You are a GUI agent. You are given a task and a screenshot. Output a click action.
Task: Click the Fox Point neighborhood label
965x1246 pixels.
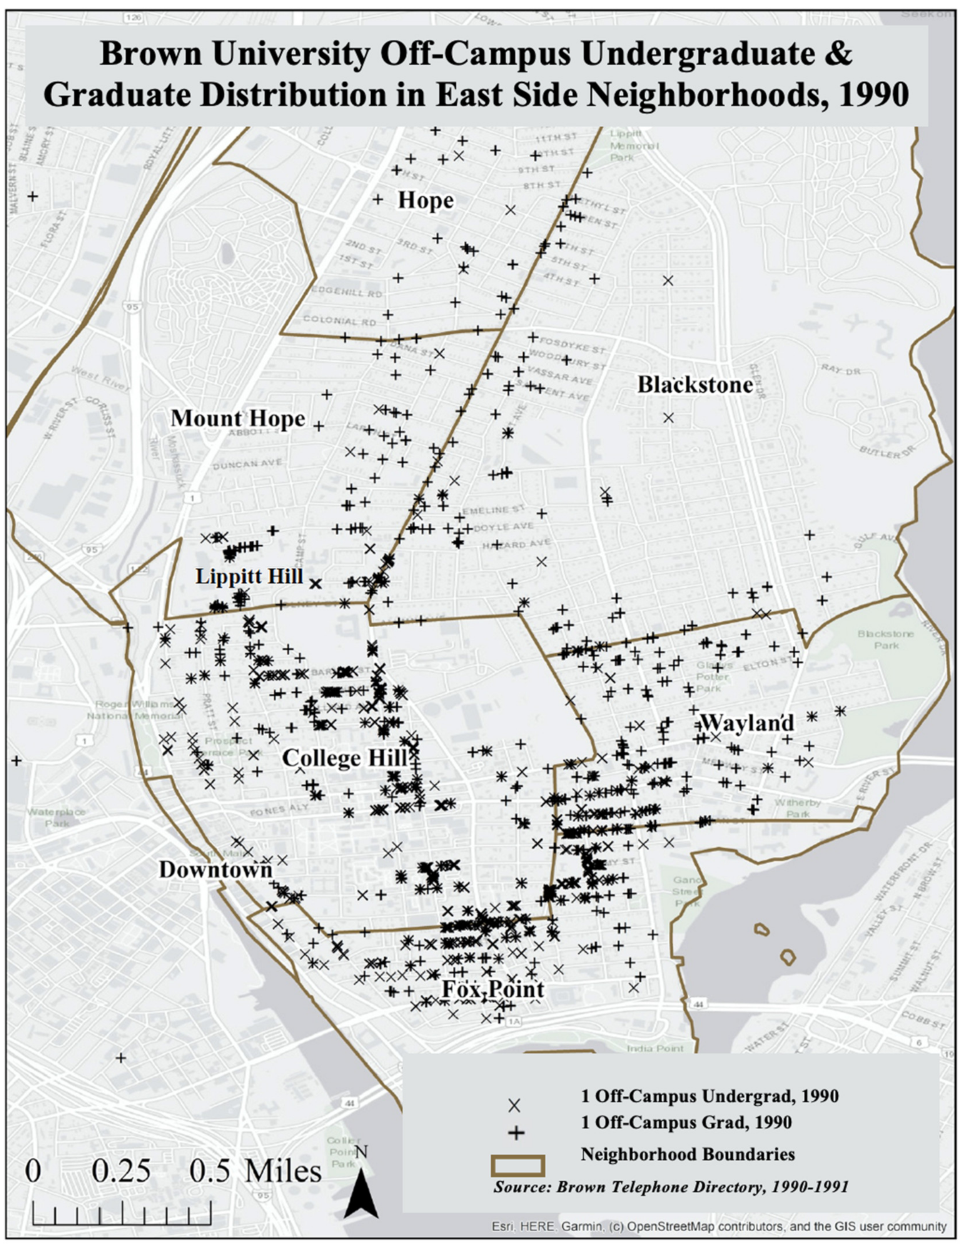493,989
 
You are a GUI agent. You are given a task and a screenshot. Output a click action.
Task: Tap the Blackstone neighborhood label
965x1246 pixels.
695,385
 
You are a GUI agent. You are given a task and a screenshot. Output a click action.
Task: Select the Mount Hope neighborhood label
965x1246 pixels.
238,418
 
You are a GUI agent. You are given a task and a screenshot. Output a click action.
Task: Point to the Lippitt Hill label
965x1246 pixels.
249,576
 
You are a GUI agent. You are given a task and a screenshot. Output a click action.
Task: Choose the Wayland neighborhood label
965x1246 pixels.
746,723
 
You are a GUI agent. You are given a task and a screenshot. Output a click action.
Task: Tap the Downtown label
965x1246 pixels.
216,870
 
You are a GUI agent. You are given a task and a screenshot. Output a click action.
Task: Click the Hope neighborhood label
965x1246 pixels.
426,200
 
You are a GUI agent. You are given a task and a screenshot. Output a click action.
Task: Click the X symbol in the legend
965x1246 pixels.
514,1106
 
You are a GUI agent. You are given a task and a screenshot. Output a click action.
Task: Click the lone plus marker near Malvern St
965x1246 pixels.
33,196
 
